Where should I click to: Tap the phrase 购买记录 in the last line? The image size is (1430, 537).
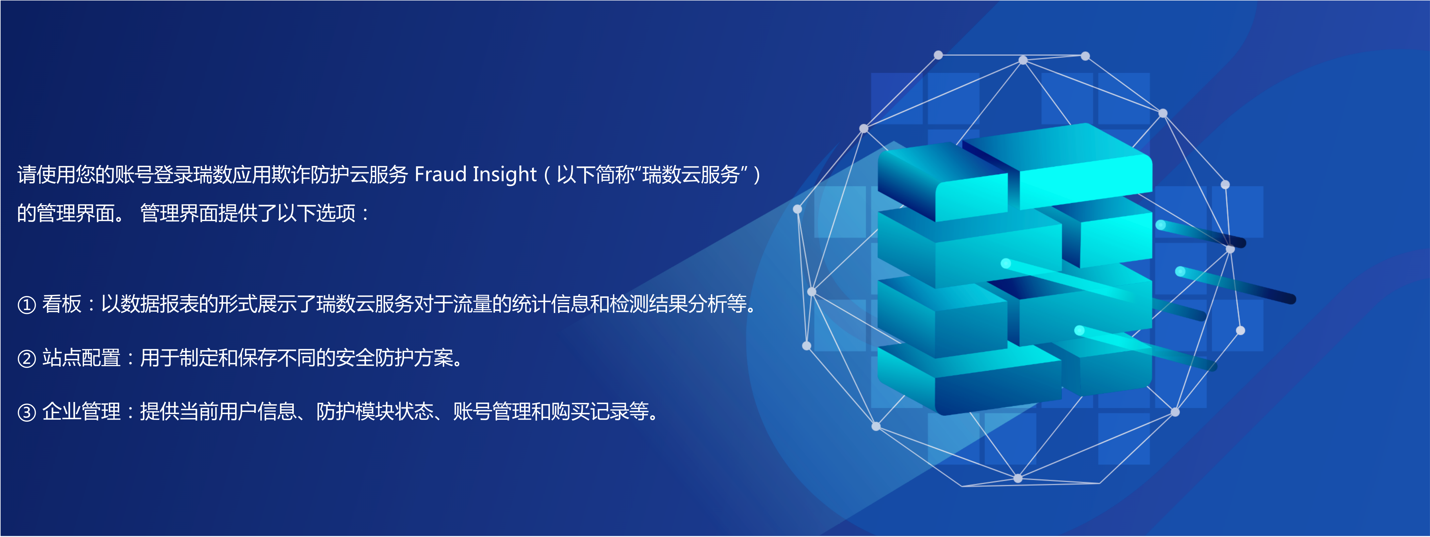[590, 411]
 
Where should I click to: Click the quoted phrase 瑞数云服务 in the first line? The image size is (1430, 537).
[691, 174]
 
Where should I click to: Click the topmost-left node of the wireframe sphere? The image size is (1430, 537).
[938, 55]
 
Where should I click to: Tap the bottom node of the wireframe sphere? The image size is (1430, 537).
[1017, 478]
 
